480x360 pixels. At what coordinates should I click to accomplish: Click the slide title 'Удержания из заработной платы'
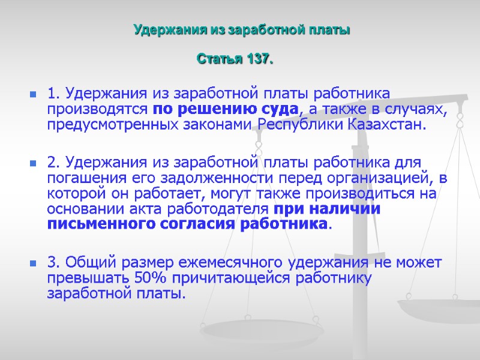[x=241, y=29]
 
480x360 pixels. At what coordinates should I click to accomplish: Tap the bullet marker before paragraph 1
[x=31, y=95]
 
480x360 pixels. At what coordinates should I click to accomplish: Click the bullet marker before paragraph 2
[x=31, y=163]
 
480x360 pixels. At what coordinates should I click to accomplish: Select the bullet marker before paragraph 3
[x=31, y=263]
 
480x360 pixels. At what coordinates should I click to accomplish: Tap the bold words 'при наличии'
[x=326, y=209]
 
